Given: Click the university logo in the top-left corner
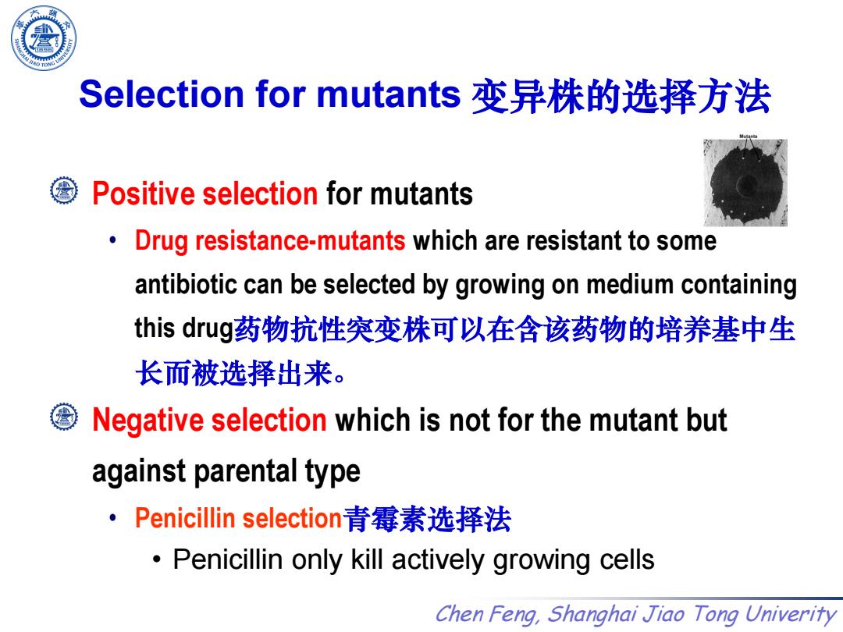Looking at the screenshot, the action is pyautogui.click(x=44, y=37).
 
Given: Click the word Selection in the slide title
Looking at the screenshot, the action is pyautogui.click(x=162, y=94).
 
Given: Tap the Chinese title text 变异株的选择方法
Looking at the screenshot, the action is pyautogui.click(x=621, y=97).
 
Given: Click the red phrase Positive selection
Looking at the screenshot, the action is pyautogui.click(x=205, y=194).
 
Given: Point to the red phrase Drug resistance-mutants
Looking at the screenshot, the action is pyautogui.click(x=270, y=240).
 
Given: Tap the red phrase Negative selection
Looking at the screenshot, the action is pyautogui.click(x=209, y=420).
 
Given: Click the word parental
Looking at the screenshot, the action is pyautogui.click(x=244, y=472).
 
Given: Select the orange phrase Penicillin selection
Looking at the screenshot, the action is pyautogui.click(x=239, y=518).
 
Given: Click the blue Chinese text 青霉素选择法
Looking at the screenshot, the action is pyautogui.click(x=427, y=519).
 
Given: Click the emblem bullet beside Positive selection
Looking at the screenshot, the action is pyautogui.click(x=63, y=191).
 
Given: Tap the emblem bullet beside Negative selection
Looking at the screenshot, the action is pyautogui.click(x=63, y=417).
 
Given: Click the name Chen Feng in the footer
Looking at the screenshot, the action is pyautogui.click(x=487, y=614).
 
